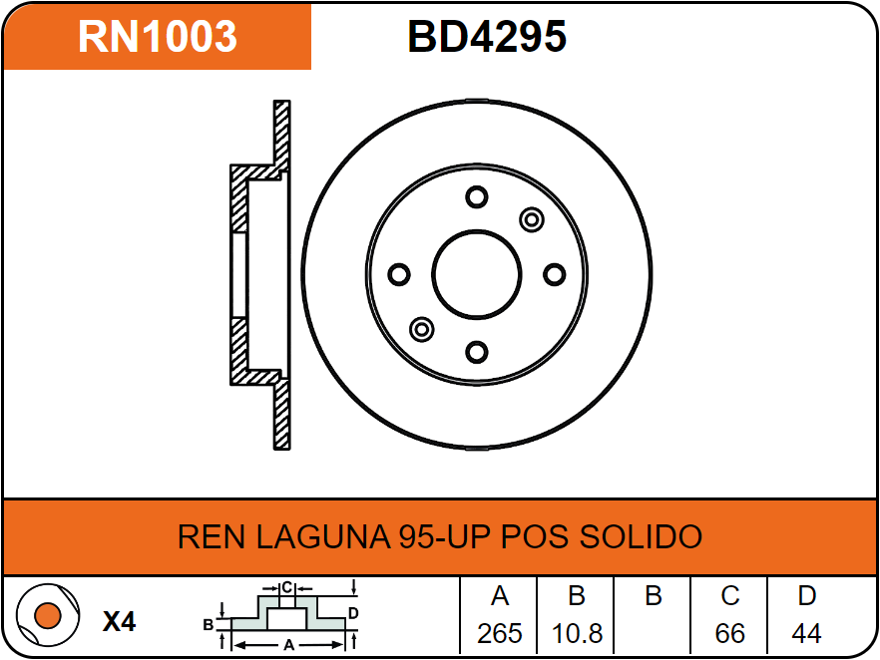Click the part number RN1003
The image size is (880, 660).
click(158, 37)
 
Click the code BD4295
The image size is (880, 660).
click(487, 37)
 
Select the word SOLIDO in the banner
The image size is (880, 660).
click(641, 536)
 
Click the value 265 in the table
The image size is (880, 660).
click(500, 633)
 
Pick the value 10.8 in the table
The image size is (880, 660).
click(576, 633)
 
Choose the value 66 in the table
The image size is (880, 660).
click(730, 633)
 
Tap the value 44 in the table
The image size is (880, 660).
click(806, 633)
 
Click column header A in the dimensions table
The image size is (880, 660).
click(500, 596)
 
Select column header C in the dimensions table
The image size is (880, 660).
click(730, 596)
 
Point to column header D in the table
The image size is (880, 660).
click(806, 596)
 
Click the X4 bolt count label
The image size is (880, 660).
click(119, 622)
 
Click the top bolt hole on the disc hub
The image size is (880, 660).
click(477, 196)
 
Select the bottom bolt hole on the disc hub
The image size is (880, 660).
click(477, 352)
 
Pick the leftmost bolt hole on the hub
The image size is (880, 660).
click(399, 274)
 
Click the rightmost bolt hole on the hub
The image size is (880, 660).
click(555, 274)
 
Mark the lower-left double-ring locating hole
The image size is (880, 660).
click(422, 329)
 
